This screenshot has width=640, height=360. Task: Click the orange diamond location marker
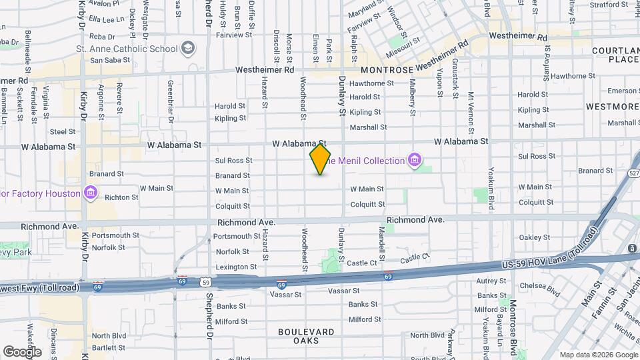click(x=320, y=159)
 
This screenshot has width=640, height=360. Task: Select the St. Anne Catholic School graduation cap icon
click(x=189, y=48)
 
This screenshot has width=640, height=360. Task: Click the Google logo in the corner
click(x=22, y=351)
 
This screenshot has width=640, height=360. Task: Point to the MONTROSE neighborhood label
click(x=387, y=69)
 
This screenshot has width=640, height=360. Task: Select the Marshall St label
click(x=368, y=127)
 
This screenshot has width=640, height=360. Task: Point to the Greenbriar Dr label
click(x=171, y=102)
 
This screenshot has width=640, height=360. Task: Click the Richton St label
click(x=121, y=197)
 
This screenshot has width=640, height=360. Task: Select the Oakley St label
click(x=535, y=237)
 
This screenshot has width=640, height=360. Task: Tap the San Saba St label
click(x=105, y=60)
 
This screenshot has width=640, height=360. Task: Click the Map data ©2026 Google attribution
click(x=598, y=355)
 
